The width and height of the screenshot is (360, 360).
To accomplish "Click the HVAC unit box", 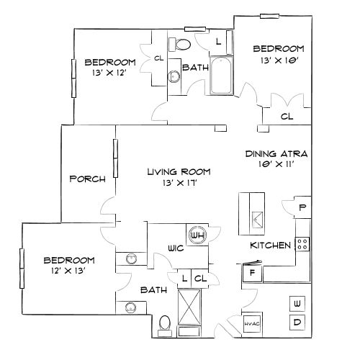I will click(x=251, y=323).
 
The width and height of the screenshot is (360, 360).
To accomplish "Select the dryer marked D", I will click(x=297, y=323).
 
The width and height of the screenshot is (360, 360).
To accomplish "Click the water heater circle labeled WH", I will click(x=198, y=234).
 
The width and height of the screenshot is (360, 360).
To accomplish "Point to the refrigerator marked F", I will click(x=253, y=273).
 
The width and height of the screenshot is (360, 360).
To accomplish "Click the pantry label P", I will click(x=302, y=207).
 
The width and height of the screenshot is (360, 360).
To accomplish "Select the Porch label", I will click(x=88, y=179).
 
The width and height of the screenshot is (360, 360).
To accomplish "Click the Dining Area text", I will click(x=276, y=153).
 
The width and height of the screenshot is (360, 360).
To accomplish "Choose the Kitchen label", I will click(x=270, y=246).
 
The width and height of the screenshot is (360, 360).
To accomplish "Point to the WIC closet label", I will click(x=176, y=248).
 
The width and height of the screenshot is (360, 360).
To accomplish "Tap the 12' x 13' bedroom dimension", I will click(x=68, y=271).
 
